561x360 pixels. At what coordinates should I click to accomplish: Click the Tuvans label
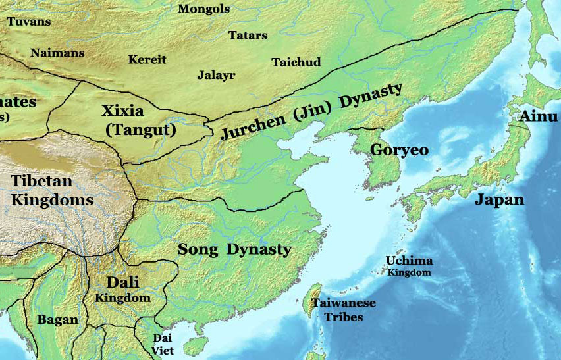tap(28, 21)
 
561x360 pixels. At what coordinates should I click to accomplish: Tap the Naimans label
tap(57, 53)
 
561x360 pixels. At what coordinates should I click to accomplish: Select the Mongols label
tap(204, 9)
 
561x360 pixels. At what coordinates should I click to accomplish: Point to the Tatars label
tap(248, 35)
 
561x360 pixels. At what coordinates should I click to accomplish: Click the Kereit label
tap(147, 59)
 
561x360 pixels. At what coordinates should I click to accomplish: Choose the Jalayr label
tap(216, 74)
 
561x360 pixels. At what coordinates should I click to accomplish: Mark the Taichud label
tap(296, 63)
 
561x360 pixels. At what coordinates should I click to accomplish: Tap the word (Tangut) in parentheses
tap(141, 130)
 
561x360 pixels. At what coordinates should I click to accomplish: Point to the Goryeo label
tap(399, 149)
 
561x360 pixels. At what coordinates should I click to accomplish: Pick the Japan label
tap(500, 200)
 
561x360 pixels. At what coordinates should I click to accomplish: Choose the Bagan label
tap(57, 320)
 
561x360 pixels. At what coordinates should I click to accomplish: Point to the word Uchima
tap(409, 261)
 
